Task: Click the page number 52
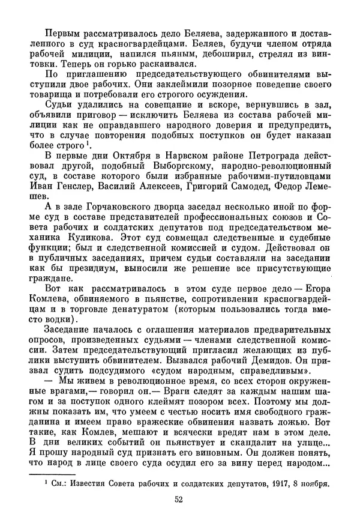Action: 179,515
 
